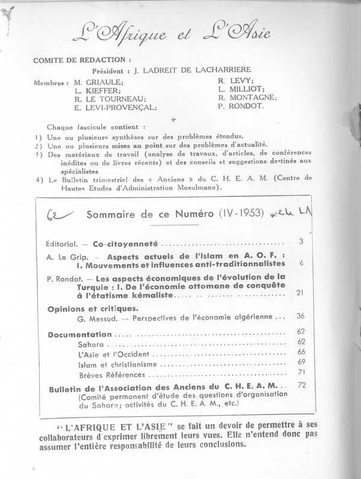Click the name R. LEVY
[x=236, y=79]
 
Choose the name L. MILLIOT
[x=241, y=88]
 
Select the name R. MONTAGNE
[x=247, y=97]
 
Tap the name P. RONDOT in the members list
[x=240, y=106]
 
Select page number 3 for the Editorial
[x=300, y=242]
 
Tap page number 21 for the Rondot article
[x=299, y=293]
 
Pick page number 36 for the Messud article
[x=299, y=316]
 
